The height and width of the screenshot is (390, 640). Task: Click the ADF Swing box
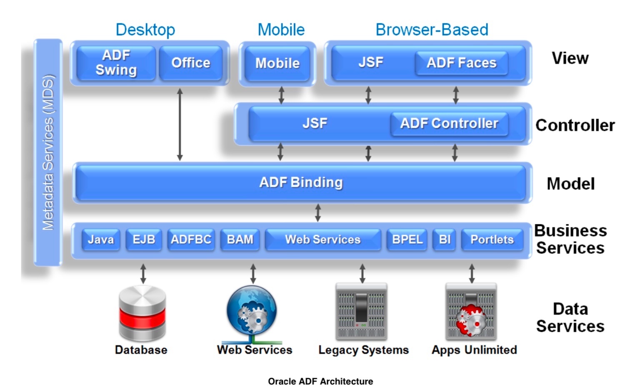coord(116,62)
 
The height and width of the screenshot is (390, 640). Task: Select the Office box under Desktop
coord(191,62)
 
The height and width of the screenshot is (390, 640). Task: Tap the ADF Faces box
coord(461,63)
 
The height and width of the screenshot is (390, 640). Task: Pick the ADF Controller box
coord(449,123)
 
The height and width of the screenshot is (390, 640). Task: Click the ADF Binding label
coord(301,182)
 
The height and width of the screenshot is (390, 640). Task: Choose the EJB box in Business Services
coord(144,240)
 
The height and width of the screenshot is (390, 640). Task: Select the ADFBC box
coord(191,240)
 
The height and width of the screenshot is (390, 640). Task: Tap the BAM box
coord(240,240)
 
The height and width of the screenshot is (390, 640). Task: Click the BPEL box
coord(407,240)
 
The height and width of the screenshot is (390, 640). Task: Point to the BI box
coord(445,240)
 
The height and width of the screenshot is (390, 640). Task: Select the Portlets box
coord(492,240)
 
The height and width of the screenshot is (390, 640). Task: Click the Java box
coord(101,240)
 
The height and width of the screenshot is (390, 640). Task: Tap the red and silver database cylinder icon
coord(142,313)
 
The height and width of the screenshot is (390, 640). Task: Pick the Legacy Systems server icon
coord(361,312)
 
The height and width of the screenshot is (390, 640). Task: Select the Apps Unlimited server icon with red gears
coord(471,312)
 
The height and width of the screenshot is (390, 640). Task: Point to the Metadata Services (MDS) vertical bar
coord(48,152)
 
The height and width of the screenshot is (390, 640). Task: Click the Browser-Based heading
coord(432,30)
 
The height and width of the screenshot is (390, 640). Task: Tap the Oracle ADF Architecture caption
coord(320,381)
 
